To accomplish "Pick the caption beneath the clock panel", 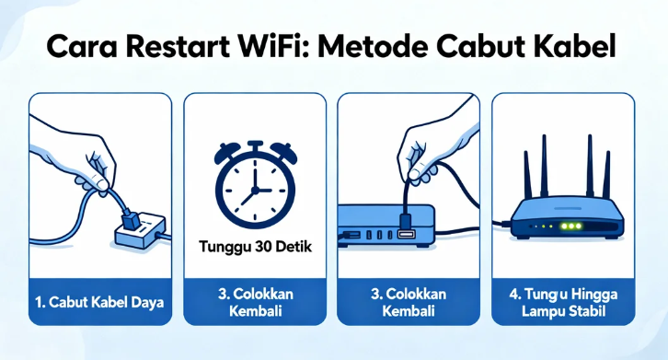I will point(255,302).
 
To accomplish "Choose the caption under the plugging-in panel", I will point(408,302).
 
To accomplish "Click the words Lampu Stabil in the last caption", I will point(562,310).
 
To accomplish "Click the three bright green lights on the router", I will point(550,225).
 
